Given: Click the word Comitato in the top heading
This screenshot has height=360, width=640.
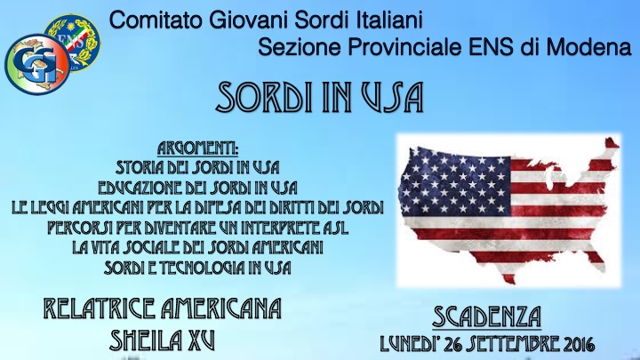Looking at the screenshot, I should tap(147, 17).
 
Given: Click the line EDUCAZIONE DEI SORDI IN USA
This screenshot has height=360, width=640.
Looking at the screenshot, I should tap(197, 187).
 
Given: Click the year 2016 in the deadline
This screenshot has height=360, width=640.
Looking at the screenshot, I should tap(574, 342).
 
